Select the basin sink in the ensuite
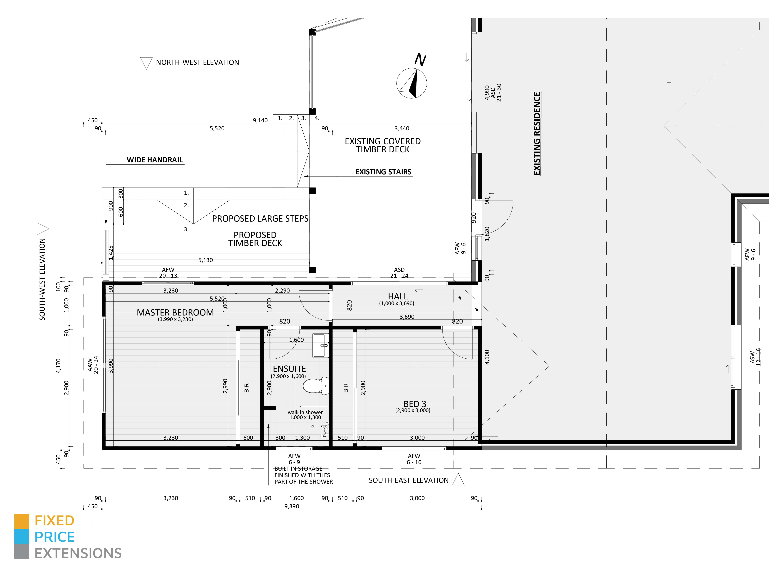point(320,345)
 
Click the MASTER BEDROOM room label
point(175,313)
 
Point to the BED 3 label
point(415,404)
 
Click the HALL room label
point(398,297)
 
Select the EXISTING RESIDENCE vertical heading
point(537,133)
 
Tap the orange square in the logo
point(22,521)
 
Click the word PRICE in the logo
point(54,537)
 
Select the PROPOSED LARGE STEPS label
point(260,218)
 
